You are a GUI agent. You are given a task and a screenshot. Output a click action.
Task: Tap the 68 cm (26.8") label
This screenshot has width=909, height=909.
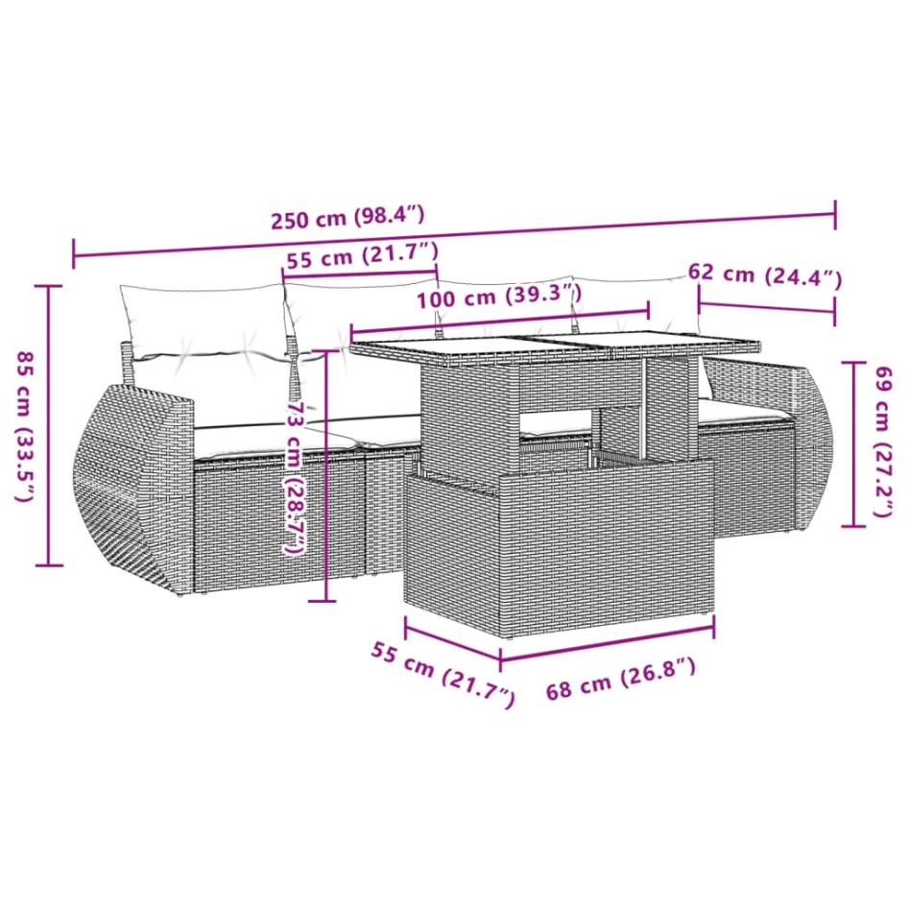pos(620,679)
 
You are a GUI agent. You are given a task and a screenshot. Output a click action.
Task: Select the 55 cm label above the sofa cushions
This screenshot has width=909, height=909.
pos(361,256)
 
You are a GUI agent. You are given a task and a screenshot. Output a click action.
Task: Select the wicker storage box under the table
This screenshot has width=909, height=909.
pos(559,538)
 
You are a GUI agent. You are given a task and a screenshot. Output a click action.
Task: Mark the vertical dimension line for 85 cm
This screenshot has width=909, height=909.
pos(49,426)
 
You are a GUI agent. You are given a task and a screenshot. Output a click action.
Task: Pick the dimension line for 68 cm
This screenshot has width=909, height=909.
pos(607,643)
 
